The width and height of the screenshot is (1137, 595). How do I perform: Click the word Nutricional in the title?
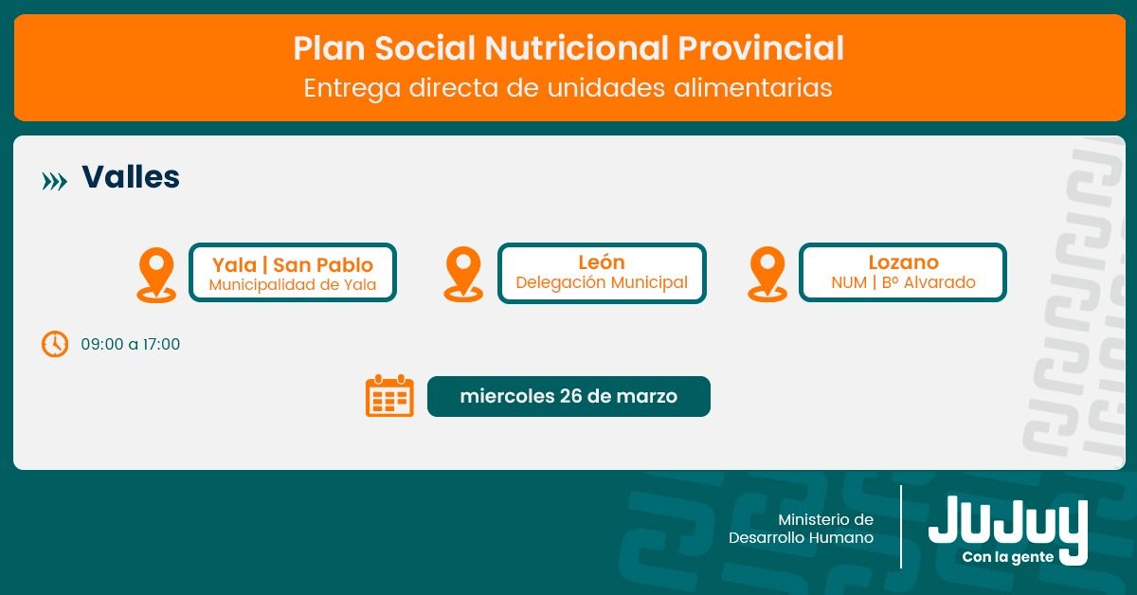point(577,48)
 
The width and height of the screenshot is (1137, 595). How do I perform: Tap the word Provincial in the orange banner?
point(761,48)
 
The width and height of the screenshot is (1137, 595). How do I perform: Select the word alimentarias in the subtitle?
point(752,87)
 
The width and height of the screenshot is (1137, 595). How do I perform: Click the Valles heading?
point(131,176)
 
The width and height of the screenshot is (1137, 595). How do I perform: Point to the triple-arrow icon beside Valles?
point(54,181)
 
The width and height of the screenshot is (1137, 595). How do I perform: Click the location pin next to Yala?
point(156,275)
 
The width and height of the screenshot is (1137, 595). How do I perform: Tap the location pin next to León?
point(463,274)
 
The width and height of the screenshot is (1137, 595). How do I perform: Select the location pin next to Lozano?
point(767,274)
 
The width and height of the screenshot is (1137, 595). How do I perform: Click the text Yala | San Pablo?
point(293,265)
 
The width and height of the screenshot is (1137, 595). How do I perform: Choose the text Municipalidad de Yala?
point(293,285)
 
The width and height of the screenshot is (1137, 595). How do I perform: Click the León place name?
point(602,261)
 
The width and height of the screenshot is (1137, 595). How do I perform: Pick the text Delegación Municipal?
point(602,282)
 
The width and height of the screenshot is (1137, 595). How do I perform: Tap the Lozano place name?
point(903,262)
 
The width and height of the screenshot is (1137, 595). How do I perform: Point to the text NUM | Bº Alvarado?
point(903,282)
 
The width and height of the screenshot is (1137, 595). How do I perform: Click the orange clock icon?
point(55,344)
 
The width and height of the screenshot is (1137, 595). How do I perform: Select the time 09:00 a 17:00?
point(131,344)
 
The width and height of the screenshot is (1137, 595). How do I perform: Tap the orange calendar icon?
point(389,395)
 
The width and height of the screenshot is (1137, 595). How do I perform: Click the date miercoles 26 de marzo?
point(568,396)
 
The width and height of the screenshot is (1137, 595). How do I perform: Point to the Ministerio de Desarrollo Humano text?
point(801,529)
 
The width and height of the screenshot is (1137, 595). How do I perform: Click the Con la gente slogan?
point(1007,557)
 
